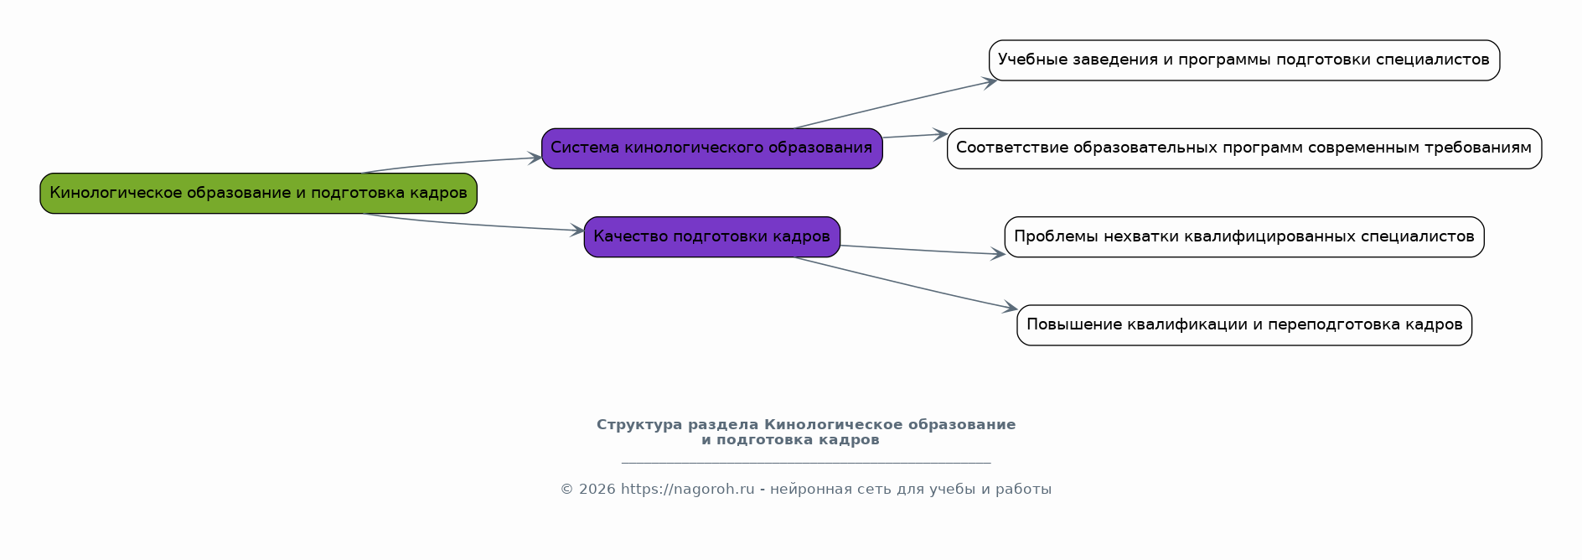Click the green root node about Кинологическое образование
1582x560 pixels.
[x=258, y=193]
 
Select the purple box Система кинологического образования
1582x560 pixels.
[x=711, y=148]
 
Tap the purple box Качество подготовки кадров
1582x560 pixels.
[x=711, y=236]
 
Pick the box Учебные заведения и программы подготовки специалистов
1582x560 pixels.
[x=1243, y=60]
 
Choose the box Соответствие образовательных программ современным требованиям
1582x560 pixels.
[x=1243, y=148]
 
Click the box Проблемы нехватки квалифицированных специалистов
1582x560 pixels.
[x=1243, y=236]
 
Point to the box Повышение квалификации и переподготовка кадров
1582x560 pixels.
[x=1243, y=325]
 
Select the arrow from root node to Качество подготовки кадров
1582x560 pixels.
[x=474, y=223]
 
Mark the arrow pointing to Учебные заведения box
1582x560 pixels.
[x=896, y=104]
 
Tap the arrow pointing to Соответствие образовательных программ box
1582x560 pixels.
[x=915, y=136]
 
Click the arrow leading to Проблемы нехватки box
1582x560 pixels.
[x=923, y=250]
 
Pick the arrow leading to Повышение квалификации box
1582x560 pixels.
[x=906, y=283]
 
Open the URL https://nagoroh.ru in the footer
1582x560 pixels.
[x=687, y=490]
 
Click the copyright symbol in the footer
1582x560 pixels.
[x=566, y=490]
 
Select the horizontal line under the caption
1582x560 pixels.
[x=806, y=462]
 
